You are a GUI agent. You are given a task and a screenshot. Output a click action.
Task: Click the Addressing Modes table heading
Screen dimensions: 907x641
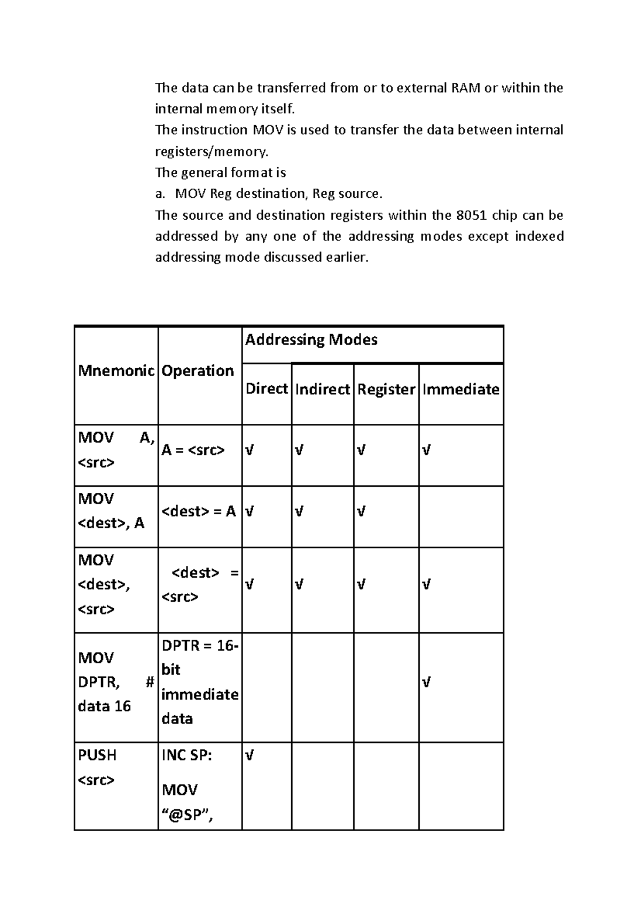click(311, 340)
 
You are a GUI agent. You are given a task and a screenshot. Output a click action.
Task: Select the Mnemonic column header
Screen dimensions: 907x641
click(116, 371)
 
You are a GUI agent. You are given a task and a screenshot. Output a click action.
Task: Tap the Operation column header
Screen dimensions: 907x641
click(198, 371)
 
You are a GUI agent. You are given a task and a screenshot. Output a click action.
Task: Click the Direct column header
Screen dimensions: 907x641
click(266, 389)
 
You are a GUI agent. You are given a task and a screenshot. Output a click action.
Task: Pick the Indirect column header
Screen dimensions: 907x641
click(322, 389)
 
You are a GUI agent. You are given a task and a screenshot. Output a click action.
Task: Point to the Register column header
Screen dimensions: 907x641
click(386, 389)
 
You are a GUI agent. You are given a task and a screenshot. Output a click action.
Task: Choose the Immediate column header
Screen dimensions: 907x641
click(460, 389)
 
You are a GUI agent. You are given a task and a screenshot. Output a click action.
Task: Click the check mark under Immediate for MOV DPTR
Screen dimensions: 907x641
click(426, 683)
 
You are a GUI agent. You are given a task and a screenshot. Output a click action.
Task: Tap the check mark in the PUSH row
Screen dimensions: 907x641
click(249, 755)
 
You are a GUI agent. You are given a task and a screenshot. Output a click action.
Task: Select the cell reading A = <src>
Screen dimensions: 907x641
click(193, 450)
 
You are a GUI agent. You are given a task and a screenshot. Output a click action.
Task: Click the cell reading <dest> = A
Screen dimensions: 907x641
click(198, 511)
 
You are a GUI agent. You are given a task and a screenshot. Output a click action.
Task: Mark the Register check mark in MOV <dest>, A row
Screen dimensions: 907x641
click(361, 511)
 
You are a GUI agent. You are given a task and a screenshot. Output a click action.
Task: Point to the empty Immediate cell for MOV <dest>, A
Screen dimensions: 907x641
click(460, 516)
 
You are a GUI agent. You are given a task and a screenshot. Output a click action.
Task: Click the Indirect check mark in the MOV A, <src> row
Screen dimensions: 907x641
click(299, 450)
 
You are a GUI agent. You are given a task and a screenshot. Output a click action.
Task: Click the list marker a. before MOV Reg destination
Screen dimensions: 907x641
click(160, 193)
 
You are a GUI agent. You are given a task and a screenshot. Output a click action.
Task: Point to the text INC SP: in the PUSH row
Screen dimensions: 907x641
click(186, 755)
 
